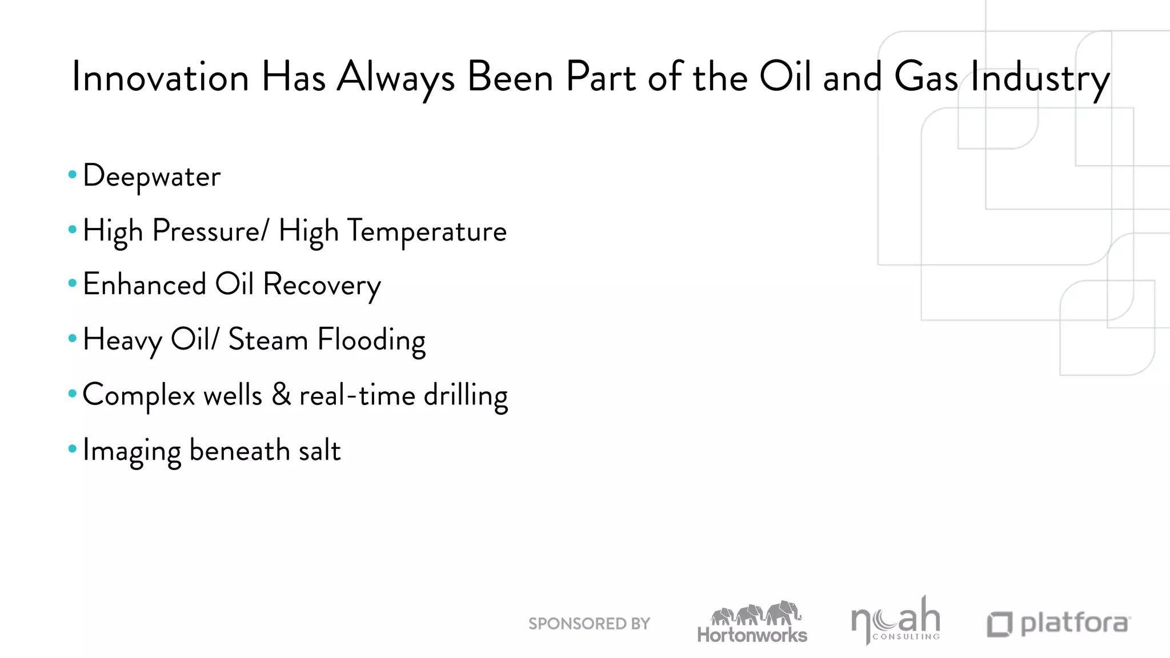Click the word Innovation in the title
[161, 77]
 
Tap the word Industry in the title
[1040, 78]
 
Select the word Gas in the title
[925, 77]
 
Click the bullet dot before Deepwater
[72, 175]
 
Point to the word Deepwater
[151, 176]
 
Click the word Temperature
[427, 231]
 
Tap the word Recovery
[322, 285]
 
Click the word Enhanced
[145, 284]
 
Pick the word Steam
[268, 340]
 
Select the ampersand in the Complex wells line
[281, 394]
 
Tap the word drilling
[465, 395]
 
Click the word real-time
[357, 395]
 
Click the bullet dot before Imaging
[72, 449]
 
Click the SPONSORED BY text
[589, 624]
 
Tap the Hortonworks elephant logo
[752, 623]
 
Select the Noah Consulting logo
[895, 621]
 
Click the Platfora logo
[1059, 624]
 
